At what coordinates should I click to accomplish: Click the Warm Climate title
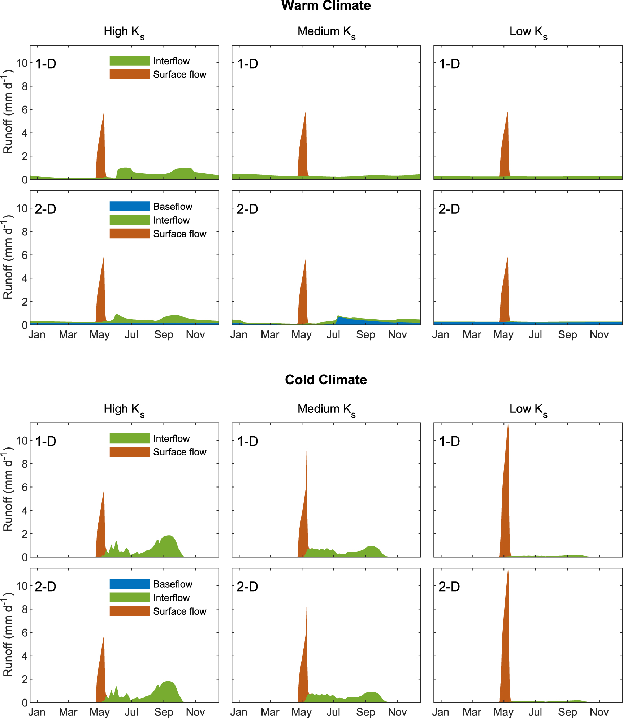click(326, 6)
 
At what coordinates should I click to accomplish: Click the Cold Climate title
click(326, 380)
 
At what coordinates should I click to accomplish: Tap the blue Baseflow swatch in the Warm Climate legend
click(130, 206)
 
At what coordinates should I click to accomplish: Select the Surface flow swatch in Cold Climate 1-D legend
click(130, 452)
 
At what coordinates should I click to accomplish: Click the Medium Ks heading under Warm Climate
click(326, 32)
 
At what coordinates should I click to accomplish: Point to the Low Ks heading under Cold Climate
click(528, 409)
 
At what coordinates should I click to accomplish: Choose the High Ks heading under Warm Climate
click(124, 32)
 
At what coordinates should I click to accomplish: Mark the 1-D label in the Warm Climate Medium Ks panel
click(247, 64)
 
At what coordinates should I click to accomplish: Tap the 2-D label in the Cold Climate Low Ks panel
click(449, 587)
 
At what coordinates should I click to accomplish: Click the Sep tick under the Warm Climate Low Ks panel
click(567, 335)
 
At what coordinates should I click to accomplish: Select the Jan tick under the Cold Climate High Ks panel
click(37, 712)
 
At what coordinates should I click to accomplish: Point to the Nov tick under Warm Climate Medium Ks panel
click(397, 335)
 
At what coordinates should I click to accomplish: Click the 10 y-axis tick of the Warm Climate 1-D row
click(22, 63)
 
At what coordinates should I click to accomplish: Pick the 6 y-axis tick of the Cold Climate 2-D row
click(25, 633)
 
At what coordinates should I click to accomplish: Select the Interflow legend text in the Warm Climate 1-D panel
click(171, 61)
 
